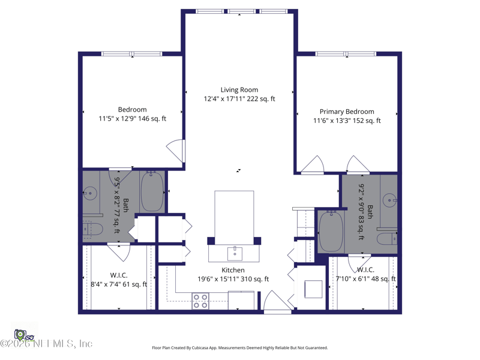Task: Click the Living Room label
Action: point(239,90)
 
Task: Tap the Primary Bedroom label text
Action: point(347,112)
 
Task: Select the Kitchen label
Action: point(233,270)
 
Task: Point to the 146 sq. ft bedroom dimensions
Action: point(132,119)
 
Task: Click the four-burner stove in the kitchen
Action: point(200,301)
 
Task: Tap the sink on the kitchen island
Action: point(235,253)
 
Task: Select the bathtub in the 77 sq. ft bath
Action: point(152,191)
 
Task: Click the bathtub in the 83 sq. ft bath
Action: point(331,231)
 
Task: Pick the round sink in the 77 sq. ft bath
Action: point(90,193)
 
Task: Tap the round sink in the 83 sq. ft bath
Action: point(391,200)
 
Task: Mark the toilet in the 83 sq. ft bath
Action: point(386,238)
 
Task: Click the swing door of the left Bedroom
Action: point(176,151)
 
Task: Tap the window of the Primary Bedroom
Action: point(346,54)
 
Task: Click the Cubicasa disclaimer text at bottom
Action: point(240,348)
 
